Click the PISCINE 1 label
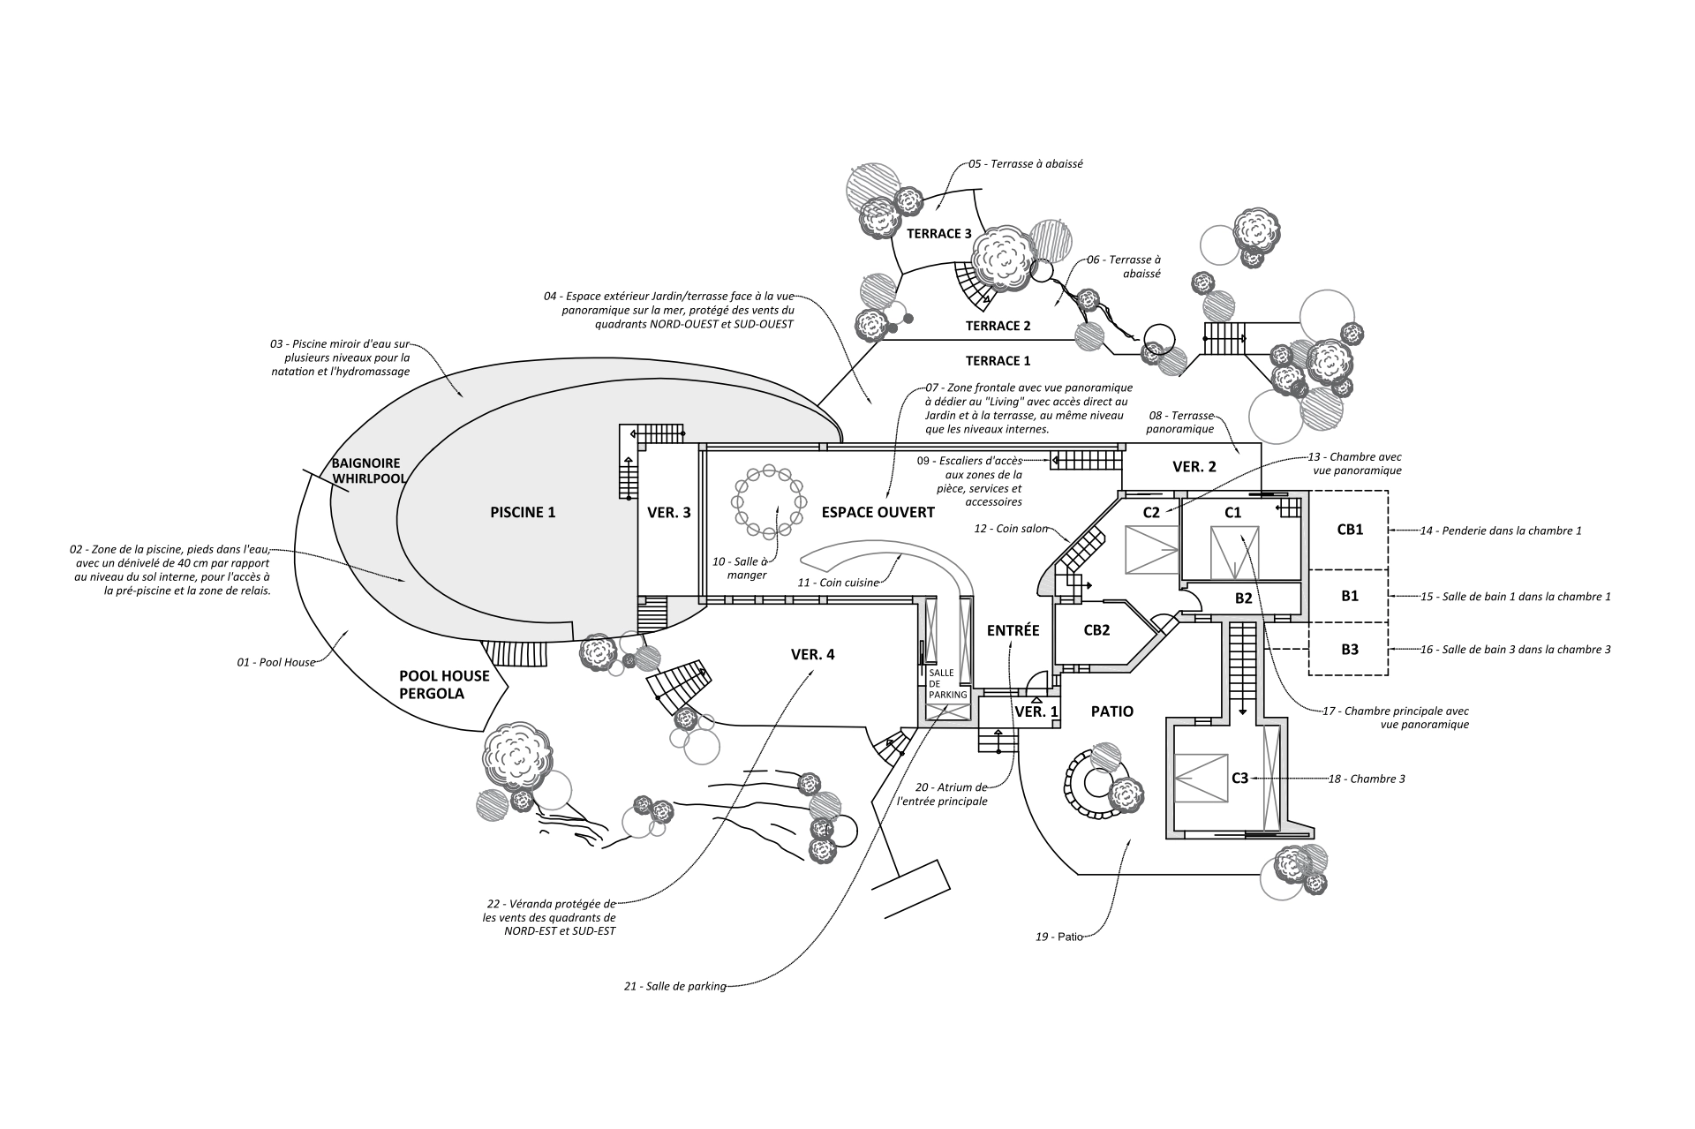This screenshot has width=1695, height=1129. pos(523,512)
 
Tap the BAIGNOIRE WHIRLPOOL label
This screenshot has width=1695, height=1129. pos(367,470)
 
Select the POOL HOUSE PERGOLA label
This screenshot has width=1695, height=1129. pos(444,684)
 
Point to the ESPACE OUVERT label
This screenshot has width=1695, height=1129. pos(878,512)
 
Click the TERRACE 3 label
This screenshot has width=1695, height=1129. pos(939,234)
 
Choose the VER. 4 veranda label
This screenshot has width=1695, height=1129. pos(812,654)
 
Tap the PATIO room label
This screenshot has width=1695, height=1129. pos(1111,711)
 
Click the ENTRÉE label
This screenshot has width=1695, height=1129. pos(1013,630)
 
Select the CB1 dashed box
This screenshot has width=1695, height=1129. pos(1349,530)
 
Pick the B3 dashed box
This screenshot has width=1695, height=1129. pos(1349,650)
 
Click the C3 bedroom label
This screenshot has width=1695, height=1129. pos(1239,778)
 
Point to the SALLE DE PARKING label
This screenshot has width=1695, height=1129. pos(947,683)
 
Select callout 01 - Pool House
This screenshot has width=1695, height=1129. pos(276,661)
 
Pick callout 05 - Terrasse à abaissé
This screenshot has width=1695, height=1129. pos(1025,164)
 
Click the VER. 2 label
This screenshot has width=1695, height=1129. pos(1194,467)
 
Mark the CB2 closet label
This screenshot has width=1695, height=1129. pos(1096,630)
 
